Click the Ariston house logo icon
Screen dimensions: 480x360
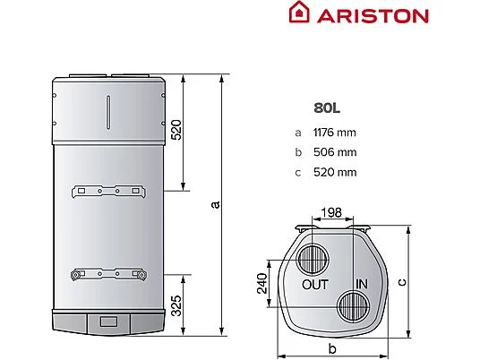click(299, 12)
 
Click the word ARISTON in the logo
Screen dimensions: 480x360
click(373, 16)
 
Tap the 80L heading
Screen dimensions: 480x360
click(327, 108)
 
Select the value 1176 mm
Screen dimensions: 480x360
click(335, 133)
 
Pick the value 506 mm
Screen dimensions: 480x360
click(335, 152)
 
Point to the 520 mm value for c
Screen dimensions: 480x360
click(335, 172)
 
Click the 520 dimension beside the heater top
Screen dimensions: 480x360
click(176, 130)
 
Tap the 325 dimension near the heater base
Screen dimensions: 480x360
click(176, 305)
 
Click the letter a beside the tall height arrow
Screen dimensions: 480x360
click(216, 204)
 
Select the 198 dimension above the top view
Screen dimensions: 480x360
click(331, 212)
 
